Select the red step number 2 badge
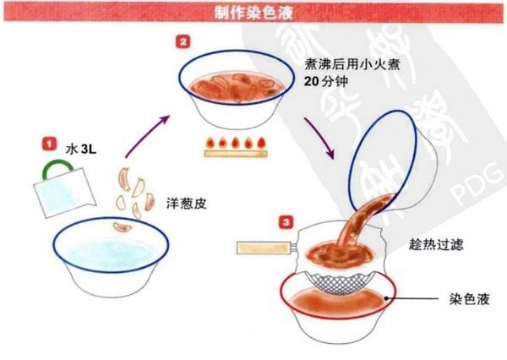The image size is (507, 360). click(183, 40)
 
